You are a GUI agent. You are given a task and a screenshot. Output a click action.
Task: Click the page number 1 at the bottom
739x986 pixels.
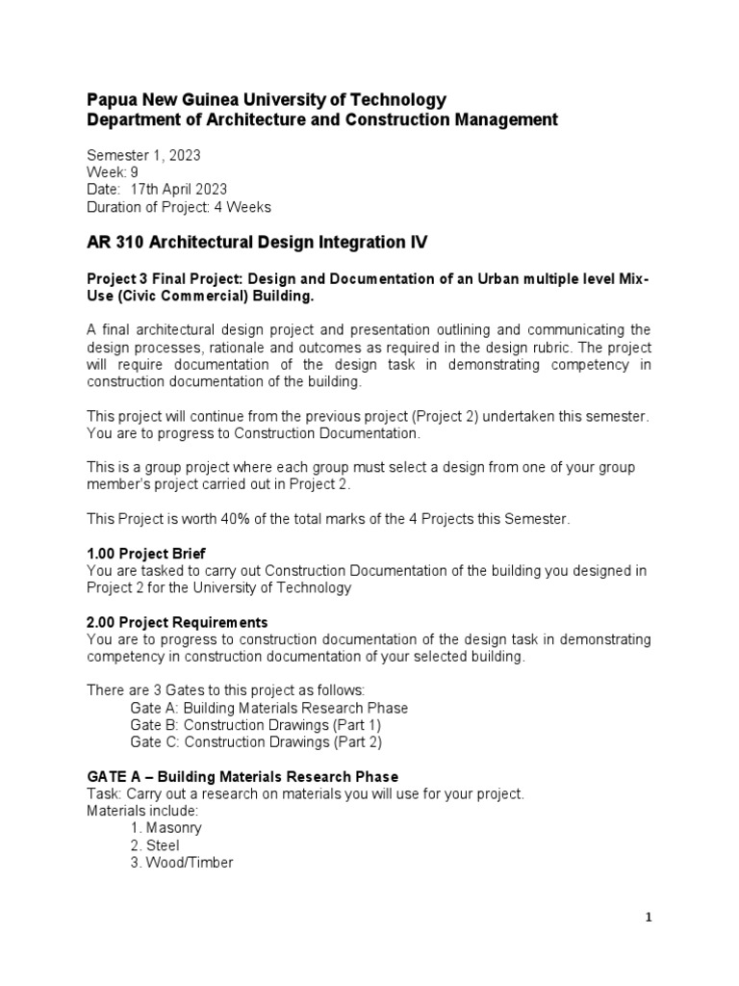pyautogui.click(x=649, y=918)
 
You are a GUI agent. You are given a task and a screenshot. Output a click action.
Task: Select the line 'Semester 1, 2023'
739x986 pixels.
pyautogui.click(x=143, y=154)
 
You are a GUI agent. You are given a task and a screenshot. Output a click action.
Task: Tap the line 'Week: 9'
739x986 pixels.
pyautogui.click(x=114, y=171)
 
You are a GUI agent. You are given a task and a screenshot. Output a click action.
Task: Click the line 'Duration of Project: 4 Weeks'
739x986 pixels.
pyautogui.click(x=179, y=206)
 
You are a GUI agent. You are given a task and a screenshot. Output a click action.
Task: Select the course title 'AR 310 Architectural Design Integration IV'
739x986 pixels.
pyautogui.click(x=257, y=244)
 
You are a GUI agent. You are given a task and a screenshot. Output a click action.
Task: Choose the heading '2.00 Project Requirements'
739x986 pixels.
pyautogui.click(x=177, y=622)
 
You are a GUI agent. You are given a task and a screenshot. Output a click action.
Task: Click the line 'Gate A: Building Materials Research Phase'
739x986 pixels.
pyautogui.click(x=268, y=708)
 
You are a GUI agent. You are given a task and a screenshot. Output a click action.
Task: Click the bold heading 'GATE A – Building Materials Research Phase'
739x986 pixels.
pyautogui.click(x=242, y=776)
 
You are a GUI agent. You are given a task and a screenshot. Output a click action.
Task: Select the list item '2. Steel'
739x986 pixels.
pyautogui.click(x=155, y=845)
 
